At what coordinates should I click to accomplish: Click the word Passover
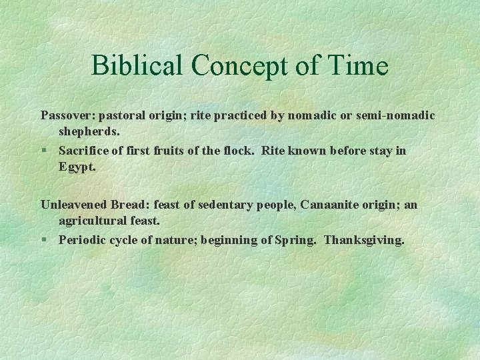pos(66,115)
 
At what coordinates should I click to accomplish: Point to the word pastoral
pos(121,115)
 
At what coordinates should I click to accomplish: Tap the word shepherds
pos(89,132)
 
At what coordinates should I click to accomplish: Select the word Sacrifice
pos(83,151)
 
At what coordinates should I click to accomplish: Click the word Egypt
pos(77,167)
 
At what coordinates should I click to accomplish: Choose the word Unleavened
pos(74,205)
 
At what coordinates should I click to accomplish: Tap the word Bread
pos(127,205)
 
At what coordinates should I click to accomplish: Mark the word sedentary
pos(223,205)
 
